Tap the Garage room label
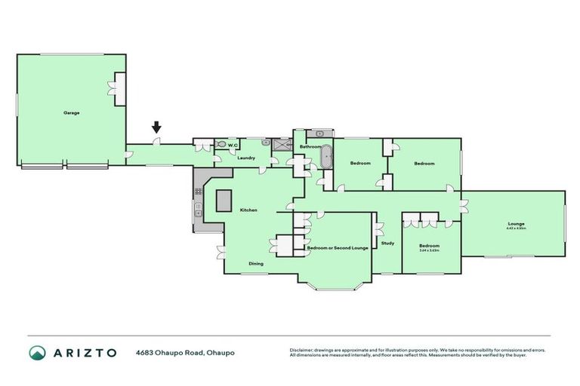point(71,113)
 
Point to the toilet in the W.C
point(222,145)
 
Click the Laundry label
point(246,158)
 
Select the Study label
point(387,244)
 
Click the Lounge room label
point(517,224)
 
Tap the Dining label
point(256,264)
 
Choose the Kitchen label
point(249,210)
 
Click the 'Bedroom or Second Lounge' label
point(337,247)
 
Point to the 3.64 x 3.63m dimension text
point(429,250)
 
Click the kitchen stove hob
point(199,207)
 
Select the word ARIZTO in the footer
point(84,353)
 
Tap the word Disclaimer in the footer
point(301,350)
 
